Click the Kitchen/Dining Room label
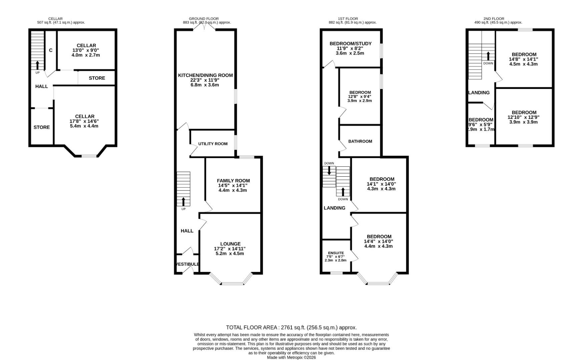tap(205, 75)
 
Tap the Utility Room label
tap(213, 144)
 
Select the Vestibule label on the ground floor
tap(187, 264)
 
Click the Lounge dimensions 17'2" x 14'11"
tap(229, 249)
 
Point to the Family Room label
tap(233, 181)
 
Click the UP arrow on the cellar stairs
tap(37, 65)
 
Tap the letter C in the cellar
tap(51, 50)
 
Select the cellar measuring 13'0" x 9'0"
tap(86, 50)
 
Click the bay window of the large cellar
tap(89, 156)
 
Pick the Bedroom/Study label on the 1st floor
tap(350, 44)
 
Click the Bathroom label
tap(360, 141)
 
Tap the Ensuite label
tap(336, 253)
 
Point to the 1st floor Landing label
tap(334, 208)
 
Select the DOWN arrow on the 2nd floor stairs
tap(488, 56)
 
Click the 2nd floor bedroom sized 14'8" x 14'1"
tap(524, 59)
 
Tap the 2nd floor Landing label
tap(479, 93)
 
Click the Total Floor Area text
tap(291, 327)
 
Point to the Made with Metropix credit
tap(291, 357)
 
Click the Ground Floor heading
tap(203, 19)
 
